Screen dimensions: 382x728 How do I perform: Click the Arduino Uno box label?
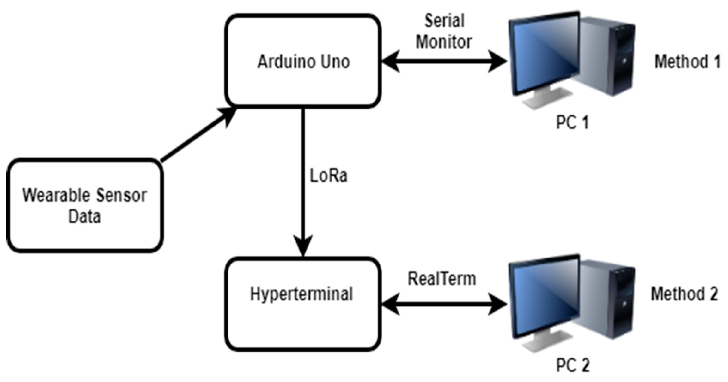[304, 62]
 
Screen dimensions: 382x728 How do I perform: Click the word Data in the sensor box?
[85, 217]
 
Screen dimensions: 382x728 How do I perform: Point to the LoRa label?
[328, 176]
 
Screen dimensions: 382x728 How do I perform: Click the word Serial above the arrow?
[444, 21]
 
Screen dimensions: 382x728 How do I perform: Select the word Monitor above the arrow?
[444, 42]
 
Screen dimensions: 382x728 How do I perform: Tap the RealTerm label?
[442, 279]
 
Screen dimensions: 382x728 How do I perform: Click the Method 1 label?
[687, 62]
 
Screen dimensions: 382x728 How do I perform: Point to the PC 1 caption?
[572, 123]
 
